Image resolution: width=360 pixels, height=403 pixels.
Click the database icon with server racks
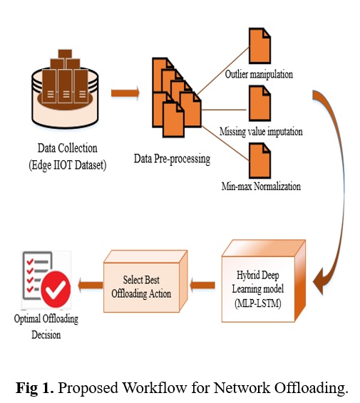pyautogui.click(x=65, y=89)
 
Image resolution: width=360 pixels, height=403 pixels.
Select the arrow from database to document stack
pyautogui.click(x=125, y=93)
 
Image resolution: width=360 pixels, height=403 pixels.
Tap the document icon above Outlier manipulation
pyautogui.click(x=259, y=46)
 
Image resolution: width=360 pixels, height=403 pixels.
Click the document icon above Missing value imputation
pyautogui.click(x=259, y=103)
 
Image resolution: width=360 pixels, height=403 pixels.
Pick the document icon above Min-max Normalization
pyautogui.click(x=259, y=161)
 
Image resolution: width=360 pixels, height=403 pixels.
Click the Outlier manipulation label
pyautogui.click(x=259, y=74)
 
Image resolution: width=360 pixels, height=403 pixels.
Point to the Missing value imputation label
pyautogui.click(x=261, y=132)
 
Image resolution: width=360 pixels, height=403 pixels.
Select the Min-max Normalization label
pyautogui.click(x=261, y=186)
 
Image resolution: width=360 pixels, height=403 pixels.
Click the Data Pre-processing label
pyautogui.click(x=172, y=159)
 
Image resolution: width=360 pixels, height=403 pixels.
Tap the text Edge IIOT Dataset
pyautogui.click(x=68, y=165)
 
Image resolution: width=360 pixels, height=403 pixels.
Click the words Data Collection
pyautogui.click(x=68, y=148)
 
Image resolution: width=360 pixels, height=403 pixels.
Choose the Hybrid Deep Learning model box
pyautogui.click(x=264, y=281)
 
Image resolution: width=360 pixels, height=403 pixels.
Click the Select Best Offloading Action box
pyautogui.click(x=145, y=281)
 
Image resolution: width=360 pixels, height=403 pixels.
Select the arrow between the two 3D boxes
pyautogui.click(x=202, y=285)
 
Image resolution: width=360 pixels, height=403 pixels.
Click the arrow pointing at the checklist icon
pyautogui.click(x=91, y=285)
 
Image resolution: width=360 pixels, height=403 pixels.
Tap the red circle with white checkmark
pyautogui.click(x=56, y=289)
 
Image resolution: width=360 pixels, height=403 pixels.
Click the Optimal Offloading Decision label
pyautogui.click(x=46, y=327)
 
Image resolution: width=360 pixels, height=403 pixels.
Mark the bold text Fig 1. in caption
pyautogui.click(x=35, y=387)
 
